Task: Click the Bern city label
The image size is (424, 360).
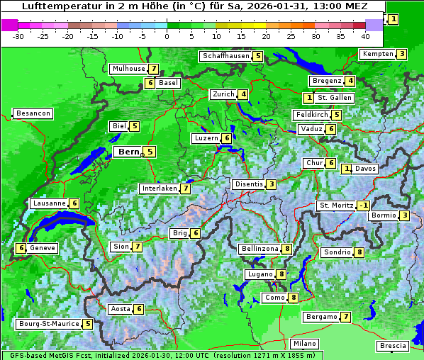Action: pyautogui.click(x=128, y=152)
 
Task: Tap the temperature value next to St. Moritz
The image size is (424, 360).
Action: pyautogui.click(x=364, y=206)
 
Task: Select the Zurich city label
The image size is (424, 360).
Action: pyautogui.click(x=223, y=94)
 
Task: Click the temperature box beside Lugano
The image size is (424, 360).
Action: pyautogui.click(x=282, y=274)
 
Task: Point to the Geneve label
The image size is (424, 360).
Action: pyautogui.click(x=42, y=248)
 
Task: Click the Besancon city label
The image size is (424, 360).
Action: pyautogui.click(x=33, y=113)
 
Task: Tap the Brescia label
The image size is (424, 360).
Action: pyautogui.click(x=393, y=346)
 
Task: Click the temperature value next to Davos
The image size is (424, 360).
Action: pyautogui.click(x=347, y=169)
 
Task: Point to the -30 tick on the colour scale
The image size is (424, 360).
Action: pyautogui.click(x=19, y=35)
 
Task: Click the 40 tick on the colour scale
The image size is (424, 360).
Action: pyautogui.click(x=365, y=35)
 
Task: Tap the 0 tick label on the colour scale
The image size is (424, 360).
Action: pyautogui.click(x=167, y=35)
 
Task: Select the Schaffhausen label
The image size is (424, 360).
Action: pyautogui.click(x=225, y=56)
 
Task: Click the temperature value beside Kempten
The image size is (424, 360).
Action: pyautogui.click(x=401, y=54)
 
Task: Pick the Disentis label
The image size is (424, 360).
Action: pyautogui.click(x=248, y=184)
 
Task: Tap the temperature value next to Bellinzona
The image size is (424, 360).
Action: pyautogui.click(x=286, y=249)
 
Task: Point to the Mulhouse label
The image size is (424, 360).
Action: pyautogui.click(x=128, y=69)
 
